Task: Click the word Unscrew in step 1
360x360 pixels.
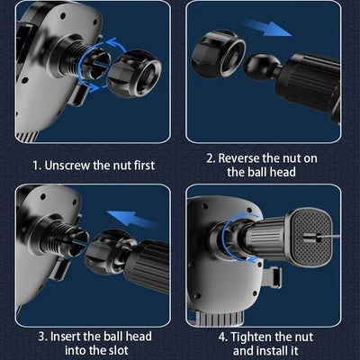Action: click(x=67, y=166)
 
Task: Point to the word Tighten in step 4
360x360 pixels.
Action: click(x=250, y=337)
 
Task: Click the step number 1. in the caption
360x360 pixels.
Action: click(x=37, y=166)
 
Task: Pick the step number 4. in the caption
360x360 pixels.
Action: click(x=223, y=337)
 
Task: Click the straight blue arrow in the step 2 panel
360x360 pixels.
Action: click(x=266, y=27)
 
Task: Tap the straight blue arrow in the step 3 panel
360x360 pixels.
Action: click(x=132, y=219)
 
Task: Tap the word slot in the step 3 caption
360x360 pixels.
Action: click(x=116, y=351)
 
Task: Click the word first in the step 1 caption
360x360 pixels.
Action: click(x=144, y=166)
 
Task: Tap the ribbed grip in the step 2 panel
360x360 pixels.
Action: click(x=309, y=80)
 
